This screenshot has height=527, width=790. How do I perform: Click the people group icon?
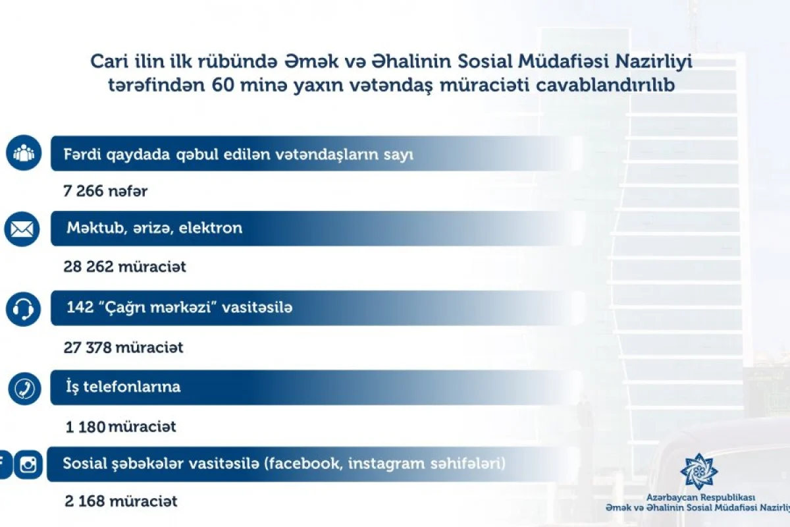[x=24, y=153]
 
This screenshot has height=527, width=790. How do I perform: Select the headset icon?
[x=24, y=308]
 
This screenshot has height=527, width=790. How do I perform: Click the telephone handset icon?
[x=25, y=389]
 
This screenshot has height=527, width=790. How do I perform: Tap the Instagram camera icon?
[x=28, y=465]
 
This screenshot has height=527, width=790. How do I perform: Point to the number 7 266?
[x=84, y=192]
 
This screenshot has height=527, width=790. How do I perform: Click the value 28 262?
[x=89, y=267]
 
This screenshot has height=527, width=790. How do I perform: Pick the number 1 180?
[x=86, y=427]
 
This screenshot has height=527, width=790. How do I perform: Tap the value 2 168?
[x=86, y=501]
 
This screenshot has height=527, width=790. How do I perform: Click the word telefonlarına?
[x=132, y=387]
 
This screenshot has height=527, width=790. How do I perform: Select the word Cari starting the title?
[x=105, y=62]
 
